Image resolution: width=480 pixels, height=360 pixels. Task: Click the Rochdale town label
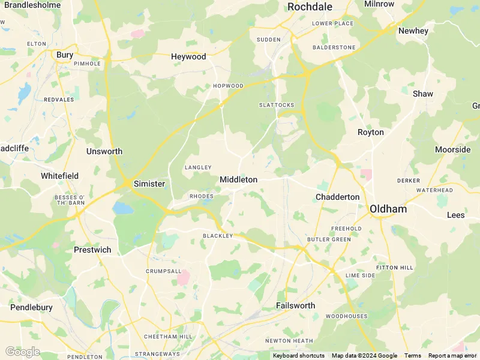click(x=310, y=7)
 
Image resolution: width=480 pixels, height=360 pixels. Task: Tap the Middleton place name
click(x=238, y=179)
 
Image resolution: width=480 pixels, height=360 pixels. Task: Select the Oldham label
click(x=388, y=209)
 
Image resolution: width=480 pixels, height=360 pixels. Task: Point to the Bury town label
click(x=65, y=55)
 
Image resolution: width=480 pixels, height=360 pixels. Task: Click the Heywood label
click(x=188, y=56)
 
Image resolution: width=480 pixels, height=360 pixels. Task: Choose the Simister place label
click(x=149, y=184)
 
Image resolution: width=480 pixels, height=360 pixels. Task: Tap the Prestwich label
click(x=92, y=249)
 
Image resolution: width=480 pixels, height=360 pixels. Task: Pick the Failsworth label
click(x=295, y=305)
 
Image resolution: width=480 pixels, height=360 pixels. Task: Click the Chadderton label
click(x=337, y=197)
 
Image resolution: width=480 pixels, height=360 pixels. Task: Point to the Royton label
click(x=370, y=132)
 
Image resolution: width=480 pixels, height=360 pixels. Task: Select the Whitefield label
click(x=59, y=176)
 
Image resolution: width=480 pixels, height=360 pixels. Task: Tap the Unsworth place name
click(x=104, y=151)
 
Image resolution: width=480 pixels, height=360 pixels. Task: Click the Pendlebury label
click(x=31, y=307)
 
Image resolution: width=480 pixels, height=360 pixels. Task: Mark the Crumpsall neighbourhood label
click(x=163, y=271)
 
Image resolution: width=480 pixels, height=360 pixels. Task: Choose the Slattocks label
click(x=277, y=105)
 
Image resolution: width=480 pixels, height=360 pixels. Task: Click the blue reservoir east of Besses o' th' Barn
click(x=123, y=208)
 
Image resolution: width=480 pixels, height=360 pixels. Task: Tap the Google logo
click(x=22, y=352)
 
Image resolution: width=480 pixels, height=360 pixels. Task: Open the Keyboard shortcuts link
click(x=299, y=356)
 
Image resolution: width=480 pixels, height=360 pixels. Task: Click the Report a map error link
click(x=453, y=356)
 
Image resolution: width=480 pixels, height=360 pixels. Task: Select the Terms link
click(x=412, y=356)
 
